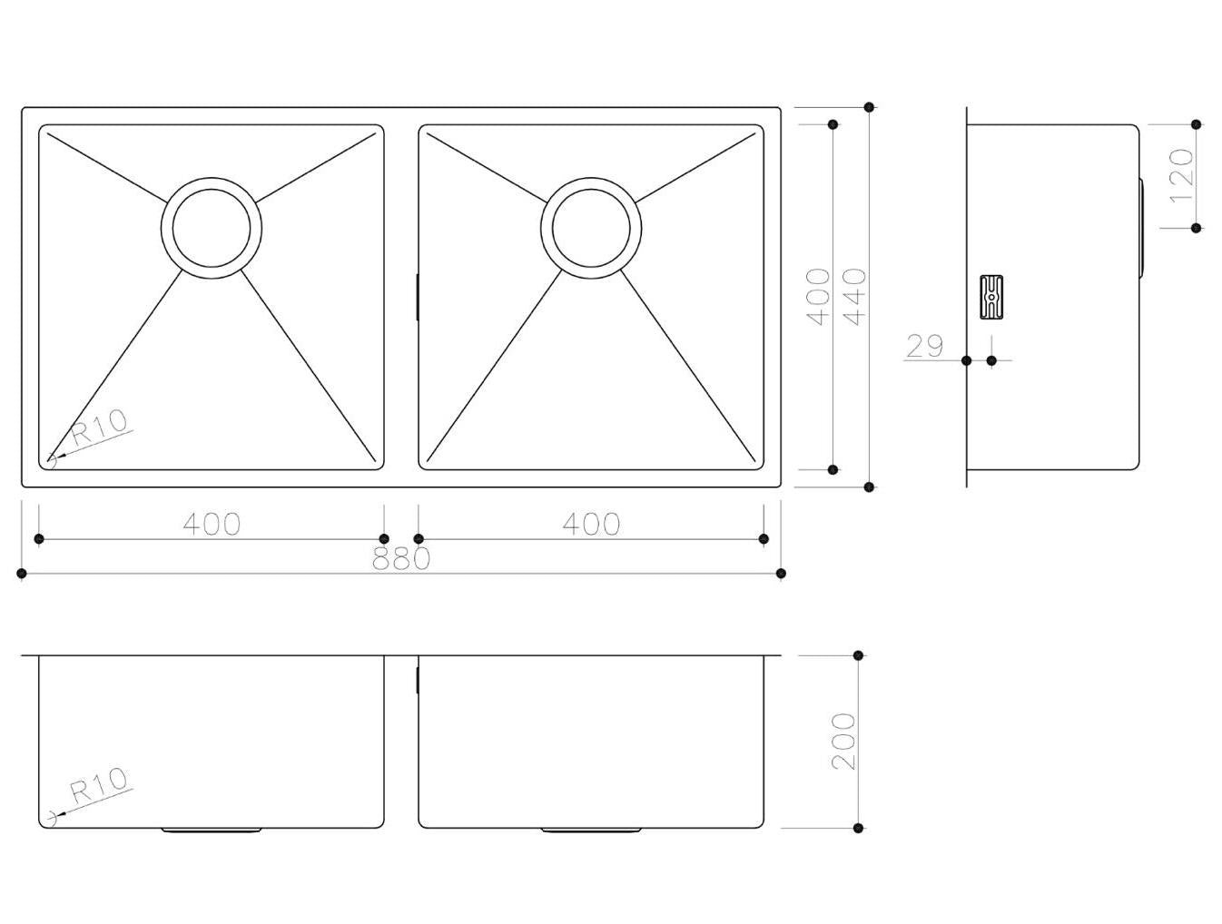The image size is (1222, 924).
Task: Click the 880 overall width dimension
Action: point(401,557)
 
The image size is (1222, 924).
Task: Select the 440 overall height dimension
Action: point(854,297)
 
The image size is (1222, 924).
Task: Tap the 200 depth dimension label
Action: point(843,742)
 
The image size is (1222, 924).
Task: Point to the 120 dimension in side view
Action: point(1182,175)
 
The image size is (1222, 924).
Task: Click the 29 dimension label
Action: point(925,346)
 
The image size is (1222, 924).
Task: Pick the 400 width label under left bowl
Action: point(212,524)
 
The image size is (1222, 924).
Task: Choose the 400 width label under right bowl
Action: point(591,524)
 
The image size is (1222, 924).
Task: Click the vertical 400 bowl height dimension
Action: point(818,297)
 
